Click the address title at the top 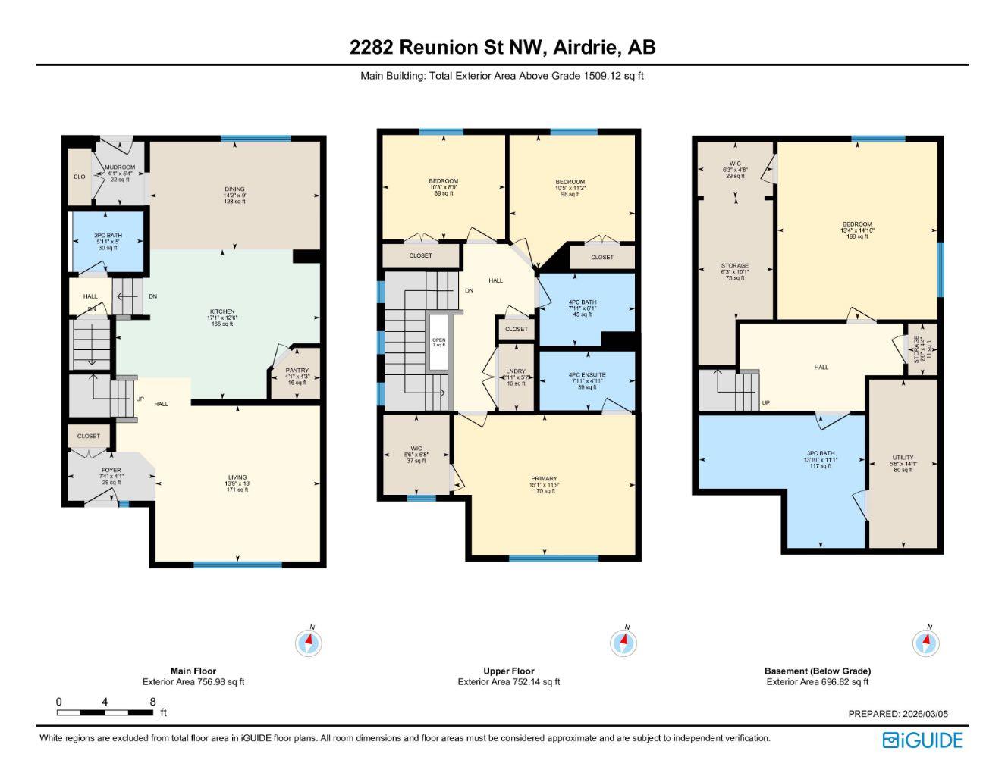tap(502, 47)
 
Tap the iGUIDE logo tap(922, 740)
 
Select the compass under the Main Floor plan tap(309, 643)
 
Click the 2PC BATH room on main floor tap(108, 242)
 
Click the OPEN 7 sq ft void tap(438, 342)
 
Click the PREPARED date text tap(897, 714)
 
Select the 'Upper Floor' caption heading tap(508, 671)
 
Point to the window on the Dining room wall tap(255, 139)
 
